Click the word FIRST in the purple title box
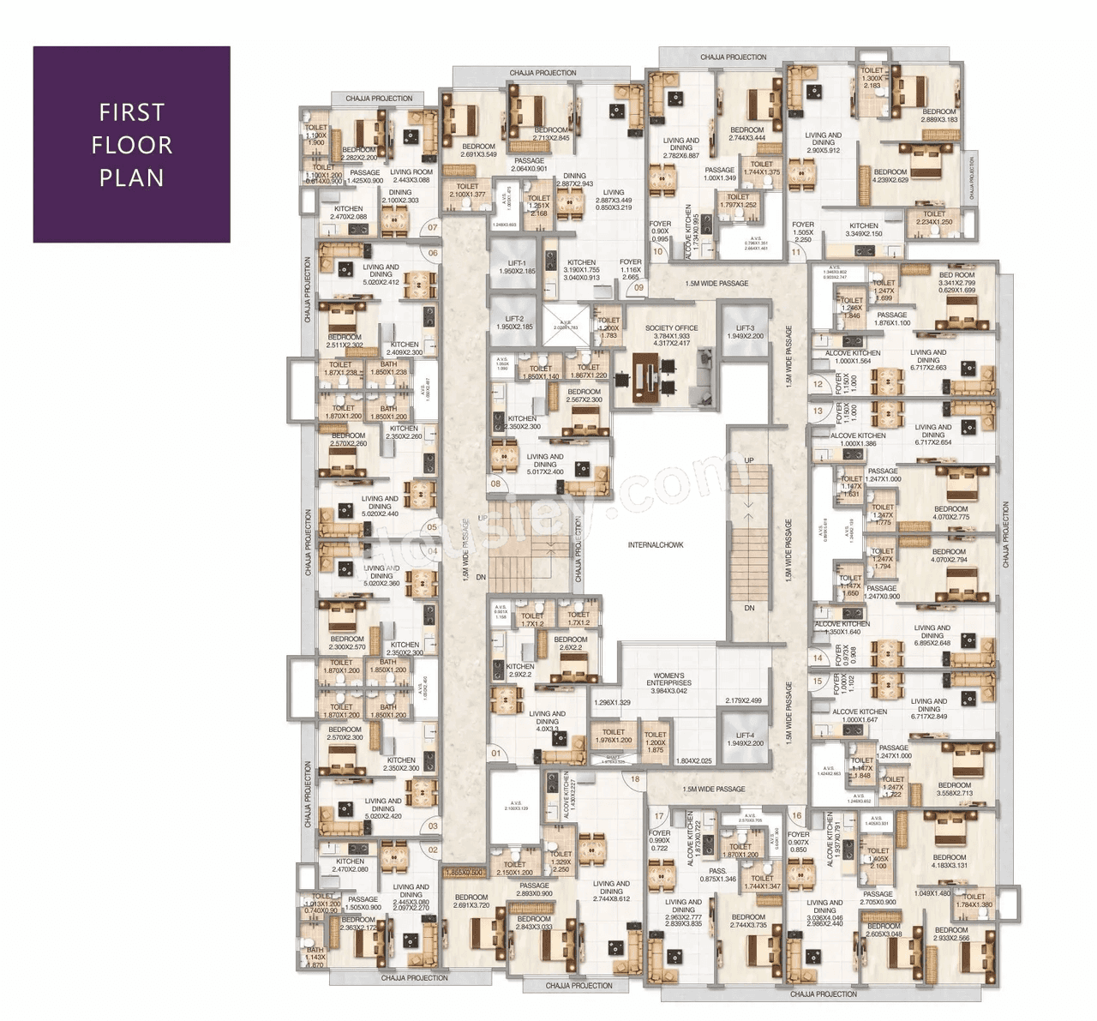[x=131, y=112]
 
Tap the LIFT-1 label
[x=517, y=264]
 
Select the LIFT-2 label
[x=514, y=319]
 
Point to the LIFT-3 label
[x=745, y=328]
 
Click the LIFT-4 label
[x=745, y=736]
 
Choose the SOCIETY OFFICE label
[x=671, y=328]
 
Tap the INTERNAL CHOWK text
[x=656, y=545]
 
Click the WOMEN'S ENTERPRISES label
[x=668, y=680]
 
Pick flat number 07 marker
[x=433, y=228]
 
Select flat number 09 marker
[x=638, y=288]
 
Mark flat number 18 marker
[x=635, y=779]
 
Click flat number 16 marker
[x=797, y=816]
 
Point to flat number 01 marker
[x=496, y=754]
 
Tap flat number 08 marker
[x=495, y=483]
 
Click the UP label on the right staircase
[x=749, y=460]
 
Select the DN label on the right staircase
[x=749, y=608]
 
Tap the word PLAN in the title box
[x=131, y=178]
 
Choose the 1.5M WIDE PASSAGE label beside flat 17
[x=713, y=790]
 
